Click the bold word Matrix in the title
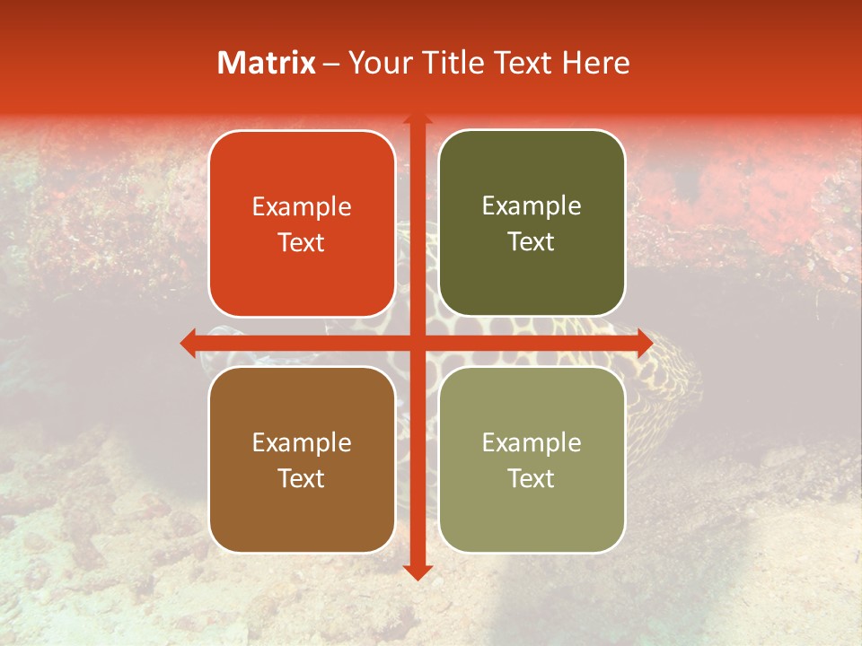(267, 63)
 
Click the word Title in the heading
(448, 63)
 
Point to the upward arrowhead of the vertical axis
(418, 118)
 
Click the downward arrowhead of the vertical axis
(418, 572)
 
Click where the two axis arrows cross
(418, 343)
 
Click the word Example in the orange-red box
(302, 207)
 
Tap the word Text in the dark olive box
(532, 242)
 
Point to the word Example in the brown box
(302, 443)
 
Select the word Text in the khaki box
(532, 478)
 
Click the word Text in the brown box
(302, 478)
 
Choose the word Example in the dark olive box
(532, 206)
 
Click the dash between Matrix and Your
(331, 64)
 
